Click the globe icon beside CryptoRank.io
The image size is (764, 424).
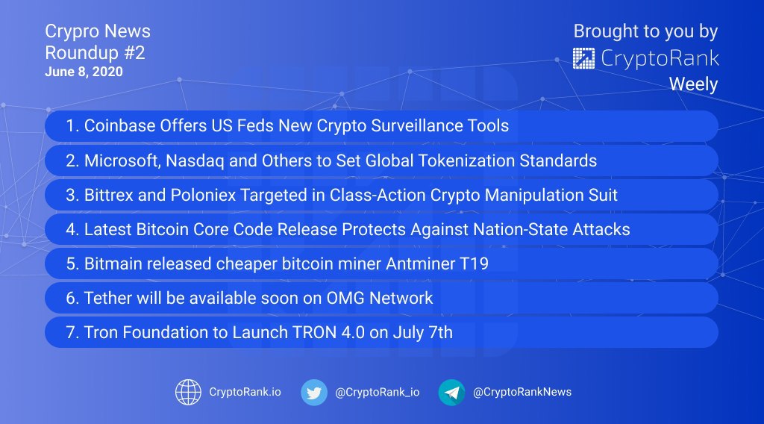188,393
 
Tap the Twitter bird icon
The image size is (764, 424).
314,393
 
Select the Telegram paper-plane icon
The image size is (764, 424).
451,393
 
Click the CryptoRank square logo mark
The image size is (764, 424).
583,58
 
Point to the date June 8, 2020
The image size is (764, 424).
84,72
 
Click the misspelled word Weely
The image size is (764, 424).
693,84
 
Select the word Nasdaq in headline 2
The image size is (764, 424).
195,160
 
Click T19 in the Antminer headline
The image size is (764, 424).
474,264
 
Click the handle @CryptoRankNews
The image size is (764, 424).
522,392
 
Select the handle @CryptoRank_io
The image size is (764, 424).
377,393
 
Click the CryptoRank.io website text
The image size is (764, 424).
245,392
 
